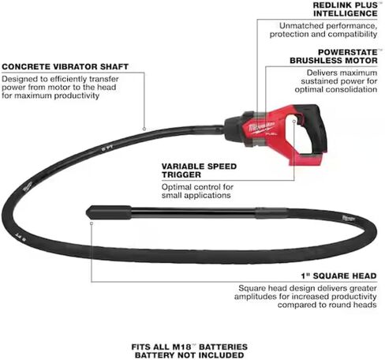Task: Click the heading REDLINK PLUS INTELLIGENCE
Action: click(346, 9)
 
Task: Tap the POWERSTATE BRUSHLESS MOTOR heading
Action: click(334, 56)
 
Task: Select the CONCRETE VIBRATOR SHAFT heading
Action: click(65, 66)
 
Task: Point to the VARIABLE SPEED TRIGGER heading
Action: click(199, 171)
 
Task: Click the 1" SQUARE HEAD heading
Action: click(338, 276)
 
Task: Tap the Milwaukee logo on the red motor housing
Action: click(262, 126)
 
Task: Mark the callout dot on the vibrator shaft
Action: click(144, 129)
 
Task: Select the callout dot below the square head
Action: click(92, 223)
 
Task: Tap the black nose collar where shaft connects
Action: click(234, 129)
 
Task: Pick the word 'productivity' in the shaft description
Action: click(77, 96)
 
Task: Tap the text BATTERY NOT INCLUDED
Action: click(189, 355)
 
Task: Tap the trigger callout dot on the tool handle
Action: click(294, 121)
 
